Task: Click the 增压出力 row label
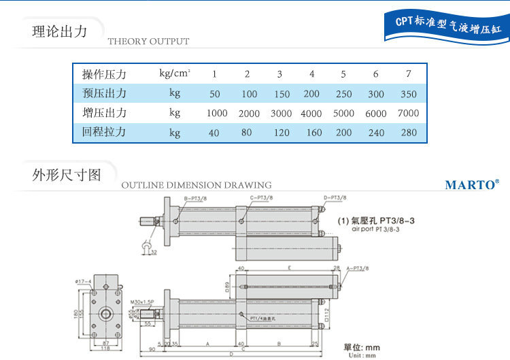click(x=104, y=113)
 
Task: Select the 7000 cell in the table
click(x=409, y=114)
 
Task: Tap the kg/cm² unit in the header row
click(x=174, y=73)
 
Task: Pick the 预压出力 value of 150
click(x=279, y=95)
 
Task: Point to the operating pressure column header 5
click(x=343, y=74)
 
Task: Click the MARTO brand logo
click(x=472, y=184)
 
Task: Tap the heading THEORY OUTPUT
click(x=148, y=42)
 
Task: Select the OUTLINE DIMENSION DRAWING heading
click(x=196, y=185)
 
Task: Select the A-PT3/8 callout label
click(x=358, y=269)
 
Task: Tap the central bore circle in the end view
click(x=106, y=314)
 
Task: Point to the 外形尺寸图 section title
click(x=67, y=175)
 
